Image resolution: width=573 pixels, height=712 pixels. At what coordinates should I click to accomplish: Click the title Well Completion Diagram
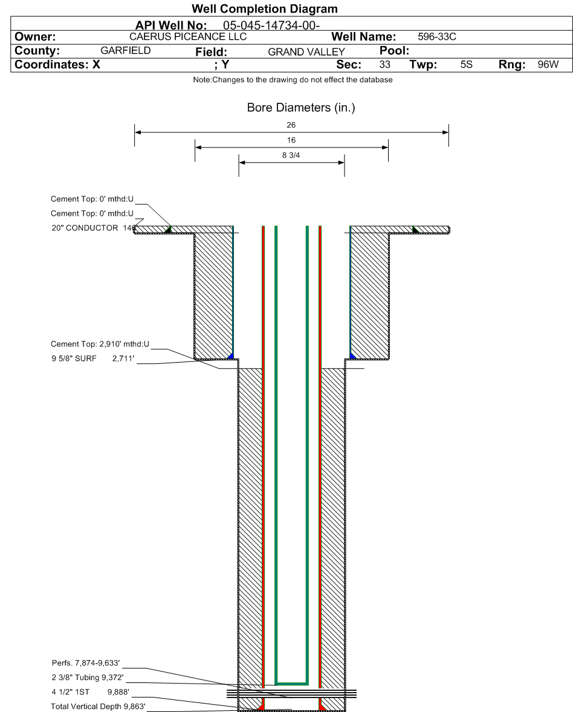pos(264,9)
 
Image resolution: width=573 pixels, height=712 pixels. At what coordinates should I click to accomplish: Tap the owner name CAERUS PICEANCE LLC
pos(188,37)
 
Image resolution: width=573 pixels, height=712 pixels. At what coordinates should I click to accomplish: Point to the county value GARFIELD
pos(125,51)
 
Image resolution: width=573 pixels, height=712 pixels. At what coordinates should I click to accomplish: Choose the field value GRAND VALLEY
pos(306,52)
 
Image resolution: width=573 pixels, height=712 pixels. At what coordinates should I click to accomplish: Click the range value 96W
pos(548,64)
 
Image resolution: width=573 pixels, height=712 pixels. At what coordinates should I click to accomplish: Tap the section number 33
pos(384,64)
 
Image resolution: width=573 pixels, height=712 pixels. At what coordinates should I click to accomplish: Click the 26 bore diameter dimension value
pos(291,126)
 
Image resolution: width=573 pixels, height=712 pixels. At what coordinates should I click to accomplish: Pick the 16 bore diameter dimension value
pos(291,140)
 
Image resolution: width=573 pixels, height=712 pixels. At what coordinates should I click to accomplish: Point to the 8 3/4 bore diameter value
pos(291,155)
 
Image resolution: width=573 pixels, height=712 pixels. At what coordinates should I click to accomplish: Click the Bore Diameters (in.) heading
pos(301,108)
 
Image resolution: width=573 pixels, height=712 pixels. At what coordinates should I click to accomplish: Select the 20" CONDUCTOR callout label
pos(85,228)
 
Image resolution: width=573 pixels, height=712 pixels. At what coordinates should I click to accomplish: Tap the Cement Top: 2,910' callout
pos(100,344)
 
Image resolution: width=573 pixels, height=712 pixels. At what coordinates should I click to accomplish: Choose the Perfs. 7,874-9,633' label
pos(89,663)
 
